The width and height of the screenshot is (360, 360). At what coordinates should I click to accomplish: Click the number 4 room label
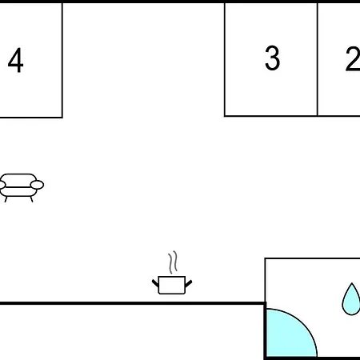16,60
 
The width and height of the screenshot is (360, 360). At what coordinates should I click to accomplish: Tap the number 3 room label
272,58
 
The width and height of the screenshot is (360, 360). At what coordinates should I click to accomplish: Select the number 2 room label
353,59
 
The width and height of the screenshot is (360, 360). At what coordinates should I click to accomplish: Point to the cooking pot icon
172,285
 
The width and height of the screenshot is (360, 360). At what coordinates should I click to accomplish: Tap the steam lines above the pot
173,262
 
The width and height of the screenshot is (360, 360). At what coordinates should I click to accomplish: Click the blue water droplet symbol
351,299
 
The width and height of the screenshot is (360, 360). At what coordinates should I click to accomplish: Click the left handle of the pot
155,283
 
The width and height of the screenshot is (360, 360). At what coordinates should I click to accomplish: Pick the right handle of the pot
189,283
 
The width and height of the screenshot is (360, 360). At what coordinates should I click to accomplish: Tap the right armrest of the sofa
37,185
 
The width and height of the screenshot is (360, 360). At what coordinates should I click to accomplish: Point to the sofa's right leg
32,199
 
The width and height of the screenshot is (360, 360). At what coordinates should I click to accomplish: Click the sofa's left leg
6,199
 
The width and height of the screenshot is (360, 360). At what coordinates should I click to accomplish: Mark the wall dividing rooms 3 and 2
318,59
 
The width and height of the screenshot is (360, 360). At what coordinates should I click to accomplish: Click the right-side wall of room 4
62,60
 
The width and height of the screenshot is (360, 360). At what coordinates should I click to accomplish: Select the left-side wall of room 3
225,59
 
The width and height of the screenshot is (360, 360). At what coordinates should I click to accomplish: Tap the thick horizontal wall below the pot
133,303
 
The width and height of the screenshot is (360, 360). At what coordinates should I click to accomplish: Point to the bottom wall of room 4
31,117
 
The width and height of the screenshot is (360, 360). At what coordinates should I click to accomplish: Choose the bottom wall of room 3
271,116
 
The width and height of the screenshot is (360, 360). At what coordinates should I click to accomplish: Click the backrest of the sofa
18,178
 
